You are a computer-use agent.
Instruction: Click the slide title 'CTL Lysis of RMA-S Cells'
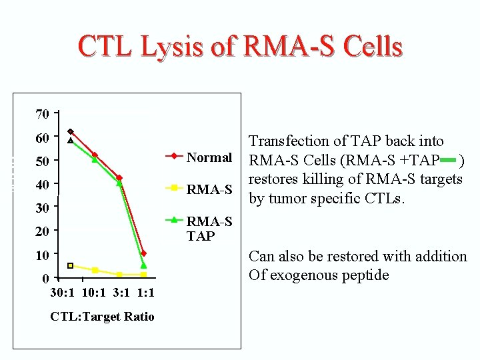[240, 47]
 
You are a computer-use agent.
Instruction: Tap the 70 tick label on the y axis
[41, 114]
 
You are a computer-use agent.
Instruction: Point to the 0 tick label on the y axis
[45, 278]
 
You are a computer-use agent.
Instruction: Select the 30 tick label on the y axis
[41, 208]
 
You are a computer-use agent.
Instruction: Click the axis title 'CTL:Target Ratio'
[102, 317]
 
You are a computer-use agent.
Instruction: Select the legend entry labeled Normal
[209, 157]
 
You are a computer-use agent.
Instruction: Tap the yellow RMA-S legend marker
[174, 188]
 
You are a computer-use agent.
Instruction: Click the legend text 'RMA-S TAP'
[209, 228]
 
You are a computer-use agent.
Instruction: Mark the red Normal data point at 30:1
[71, 131]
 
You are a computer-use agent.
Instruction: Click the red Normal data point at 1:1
[143, 253]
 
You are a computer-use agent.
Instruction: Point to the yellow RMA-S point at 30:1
[71, 265]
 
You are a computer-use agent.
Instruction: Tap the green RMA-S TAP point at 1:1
[143, 265]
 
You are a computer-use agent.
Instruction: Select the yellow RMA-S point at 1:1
[143, 275]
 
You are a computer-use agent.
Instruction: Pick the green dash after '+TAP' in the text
[449, 160]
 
